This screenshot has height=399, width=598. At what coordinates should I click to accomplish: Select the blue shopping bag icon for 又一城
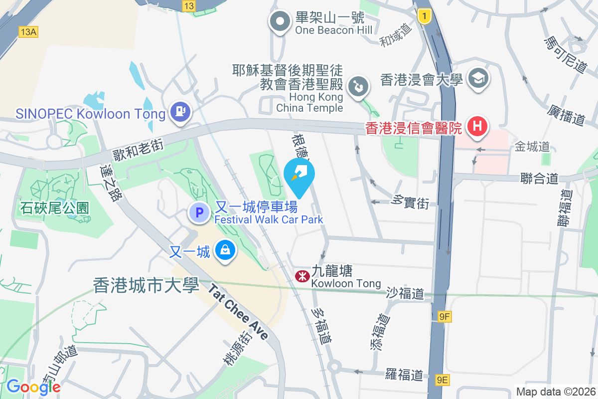(x=225, y=250)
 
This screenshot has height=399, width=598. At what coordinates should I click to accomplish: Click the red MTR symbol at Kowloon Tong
(x=302, y=276)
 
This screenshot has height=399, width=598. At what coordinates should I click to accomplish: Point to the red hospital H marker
(x=477, y=126)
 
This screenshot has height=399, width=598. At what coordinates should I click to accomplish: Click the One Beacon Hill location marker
(x=280, y=22)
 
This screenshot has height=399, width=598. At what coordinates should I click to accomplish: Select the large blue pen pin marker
(x=299, y=175)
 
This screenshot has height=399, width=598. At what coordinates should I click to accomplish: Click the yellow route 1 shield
(x=424, y=16)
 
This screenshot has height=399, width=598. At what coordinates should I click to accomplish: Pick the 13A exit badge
(x=28, y=32)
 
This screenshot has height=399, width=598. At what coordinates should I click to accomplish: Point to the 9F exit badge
(x=445, y=316)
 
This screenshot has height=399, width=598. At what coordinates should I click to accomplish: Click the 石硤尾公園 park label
(x=55, y=207)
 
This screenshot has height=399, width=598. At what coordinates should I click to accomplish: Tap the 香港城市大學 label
(x=146, y=285)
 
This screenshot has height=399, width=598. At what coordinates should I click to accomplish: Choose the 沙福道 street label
(x=405, y=293)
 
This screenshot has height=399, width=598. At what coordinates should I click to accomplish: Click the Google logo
(x=33, y=387)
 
